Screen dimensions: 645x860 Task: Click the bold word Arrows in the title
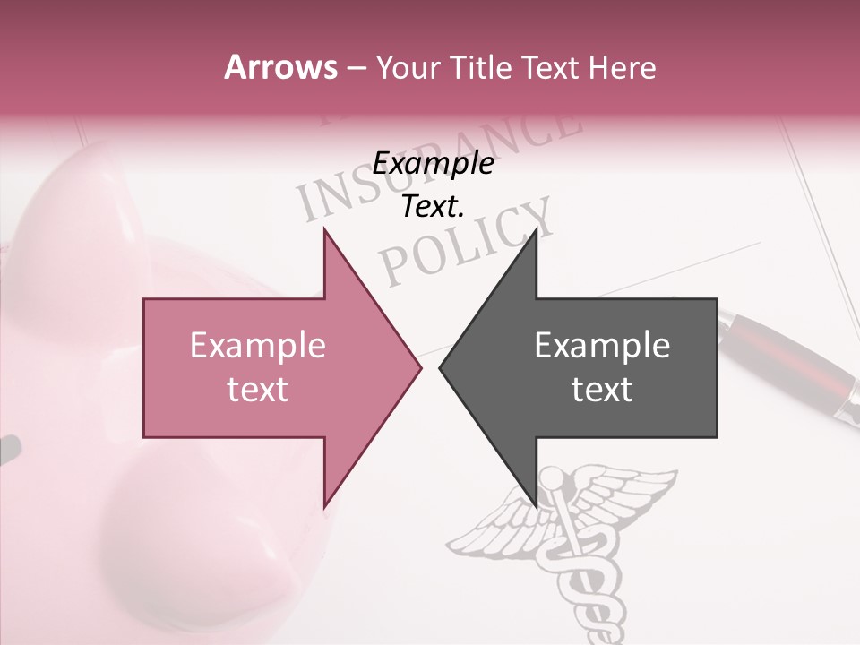tap(280, 67)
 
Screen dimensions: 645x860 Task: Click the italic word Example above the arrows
tap(433, 164)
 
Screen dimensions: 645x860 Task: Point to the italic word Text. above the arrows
tap(433, 207)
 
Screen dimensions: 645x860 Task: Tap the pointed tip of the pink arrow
tap(419, 367)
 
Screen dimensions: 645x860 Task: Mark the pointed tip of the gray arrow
tap(441, 367)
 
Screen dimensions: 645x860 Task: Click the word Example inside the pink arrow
tap(257, 346)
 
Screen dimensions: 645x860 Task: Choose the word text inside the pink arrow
tap(257, 390)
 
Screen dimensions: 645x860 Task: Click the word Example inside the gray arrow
tap(602, 346)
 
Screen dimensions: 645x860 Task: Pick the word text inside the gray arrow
tap(602, 390)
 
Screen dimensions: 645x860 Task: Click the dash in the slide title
tap(356, 68)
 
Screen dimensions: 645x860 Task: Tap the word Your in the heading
tap(408, 67)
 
